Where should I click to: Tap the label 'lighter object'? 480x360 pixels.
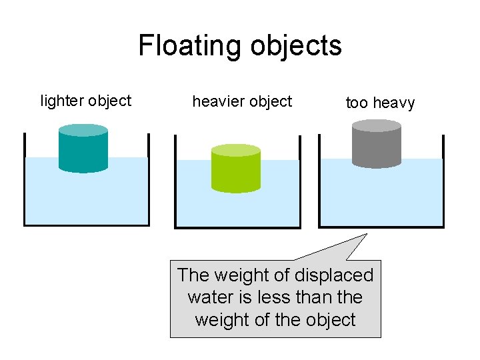86,101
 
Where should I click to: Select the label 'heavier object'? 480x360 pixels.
242,101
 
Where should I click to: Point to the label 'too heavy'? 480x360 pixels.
380,103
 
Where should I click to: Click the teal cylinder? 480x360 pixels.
83,152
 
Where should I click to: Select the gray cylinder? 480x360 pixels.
376,147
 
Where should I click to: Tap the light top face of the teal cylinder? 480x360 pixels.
83,130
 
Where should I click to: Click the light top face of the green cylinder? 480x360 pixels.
235,150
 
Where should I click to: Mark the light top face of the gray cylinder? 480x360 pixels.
376,125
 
